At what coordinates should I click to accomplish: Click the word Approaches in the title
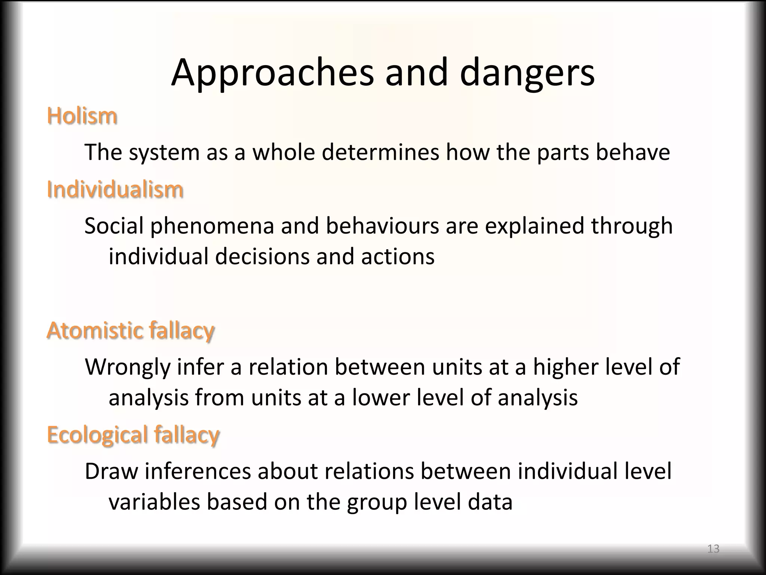tap(272, 73)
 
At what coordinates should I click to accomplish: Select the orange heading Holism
tap(82, 116)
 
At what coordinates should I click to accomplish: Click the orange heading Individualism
tap(115, 189)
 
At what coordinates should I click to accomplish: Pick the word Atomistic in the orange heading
tap(95, 331)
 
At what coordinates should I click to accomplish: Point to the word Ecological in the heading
tap(98, 435)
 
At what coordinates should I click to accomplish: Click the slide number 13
tap(713, 549)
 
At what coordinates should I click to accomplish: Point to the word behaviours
tap(382, 226)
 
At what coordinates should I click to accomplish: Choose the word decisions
tap(262, 257)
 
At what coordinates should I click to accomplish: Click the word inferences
tap(198, 471)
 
